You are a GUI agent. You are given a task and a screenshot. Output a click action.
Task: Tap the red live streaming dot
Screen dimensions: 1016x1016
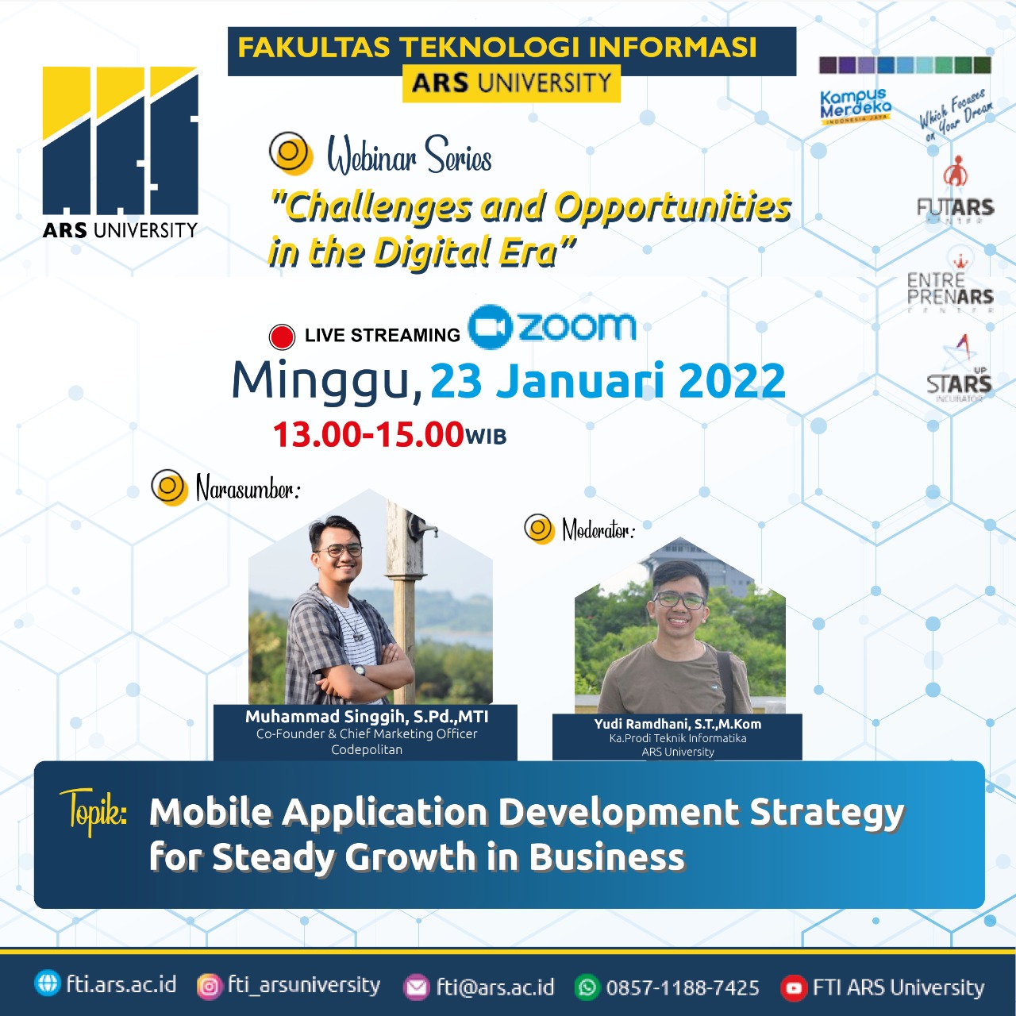pos(282,337)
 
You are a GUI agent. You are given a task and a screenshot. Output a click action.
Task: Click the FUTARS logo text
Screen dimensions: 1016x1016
pos(955,208)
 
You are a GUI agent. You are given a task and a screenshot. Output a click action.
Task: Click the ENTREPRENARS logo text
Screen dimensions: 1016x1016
pos(950,289)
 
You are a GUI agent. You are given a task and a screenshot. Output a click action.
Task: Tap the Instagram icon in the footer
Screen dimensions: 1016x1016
pos(209,986)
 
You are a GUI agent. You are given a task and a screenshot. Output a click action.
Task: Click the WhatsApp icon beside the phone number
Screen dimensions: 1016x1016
pos(587,987)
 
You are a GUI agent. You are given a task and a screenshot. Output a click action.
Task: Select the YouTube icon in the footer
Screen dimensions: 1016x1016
pos(793,987)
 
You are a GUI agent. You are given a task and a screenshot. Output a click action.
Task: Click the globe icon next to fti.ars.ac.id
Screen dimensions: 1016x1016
pos(48,983)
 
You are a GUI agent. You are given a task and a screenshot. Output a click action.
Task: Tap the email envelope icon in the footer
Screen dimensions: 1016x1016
pos(417,987)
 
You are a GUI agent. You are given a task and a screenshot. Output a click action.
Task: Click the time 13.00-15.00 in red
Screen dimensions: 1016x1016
pos(368,434)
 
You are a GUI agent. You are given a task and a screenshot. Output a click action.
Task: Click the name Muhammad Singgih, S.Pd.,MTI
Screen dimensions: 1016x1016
pos(367,716)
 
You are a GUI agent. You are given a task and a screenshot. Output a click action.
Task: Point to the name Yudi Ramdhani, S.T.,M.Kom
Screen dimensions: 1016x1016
pos(677,724)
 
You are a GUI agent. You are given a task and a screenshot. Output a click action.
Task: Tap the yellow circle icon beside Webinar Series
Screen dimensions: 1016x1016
pos(291,152)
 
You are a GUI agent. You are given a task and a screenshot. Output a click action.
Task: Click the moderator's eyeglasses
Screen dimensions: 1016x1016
pos(679,599)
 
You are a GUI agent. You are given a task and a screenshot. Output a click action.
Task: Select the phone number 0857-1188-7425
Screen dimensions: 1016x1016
pos(683,987)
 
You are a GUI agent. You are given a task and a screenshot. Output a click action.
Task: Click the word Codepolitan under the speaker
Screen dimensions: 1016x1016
pos(367,750)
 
